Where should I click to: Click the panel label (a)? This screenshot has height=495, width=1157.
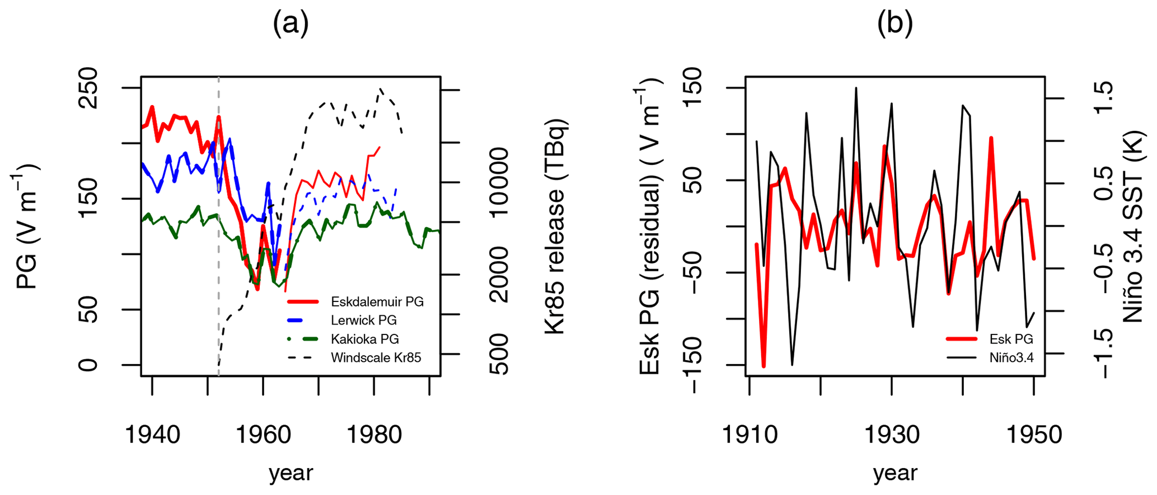(291, 24)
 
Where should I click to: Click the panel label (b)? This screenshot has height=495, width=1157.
(894, 24)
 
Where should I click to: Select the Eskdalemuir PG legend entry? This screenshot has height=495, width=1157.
(377, 302)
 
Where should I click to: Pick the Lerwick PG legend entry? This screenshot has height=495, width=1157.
(363, 320)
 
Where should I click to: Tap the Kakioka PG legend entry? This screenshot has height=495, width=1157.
(364, 339)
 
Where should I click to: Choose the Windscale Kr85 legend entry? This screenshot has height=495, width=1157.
(376, 357)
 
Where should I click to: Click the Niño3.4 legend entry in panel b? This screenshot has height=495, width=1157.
(1011, 357)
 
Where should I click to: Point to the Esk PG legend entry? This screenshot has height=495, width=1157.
(1011, 339)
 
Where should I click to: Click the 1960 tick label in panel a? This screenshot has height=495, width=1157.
(263, 435)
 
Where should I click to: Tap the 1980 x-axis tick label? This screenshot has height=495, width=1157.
(374, 435)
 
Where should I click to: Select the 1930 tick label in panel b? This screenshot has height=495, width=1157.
(892, 435)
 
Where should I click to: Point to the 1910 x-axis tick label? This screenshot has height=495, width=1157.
(750, 435)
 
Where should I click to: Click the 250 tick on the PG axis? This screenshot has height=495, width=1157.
(88, 88)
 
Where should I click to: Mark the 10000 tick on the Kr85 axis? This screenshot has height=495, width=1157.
(498, 182)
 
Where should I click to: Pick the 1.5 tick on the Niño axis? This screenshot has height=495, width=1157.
(1104, 98)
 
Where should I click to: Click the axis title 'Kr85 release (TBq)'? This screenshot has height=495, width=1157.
(556, 227)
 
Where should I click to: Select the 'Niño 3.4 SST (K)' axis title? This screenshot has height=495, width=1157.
(1133, 227)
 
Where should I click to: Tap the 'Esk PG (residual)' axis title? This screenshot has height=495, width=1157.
(649, 227)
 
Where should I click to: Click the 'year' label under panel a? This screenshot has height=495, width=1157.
(291, 473)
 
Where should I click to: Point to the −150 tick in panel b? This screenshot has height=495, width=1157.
(692, 365)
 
